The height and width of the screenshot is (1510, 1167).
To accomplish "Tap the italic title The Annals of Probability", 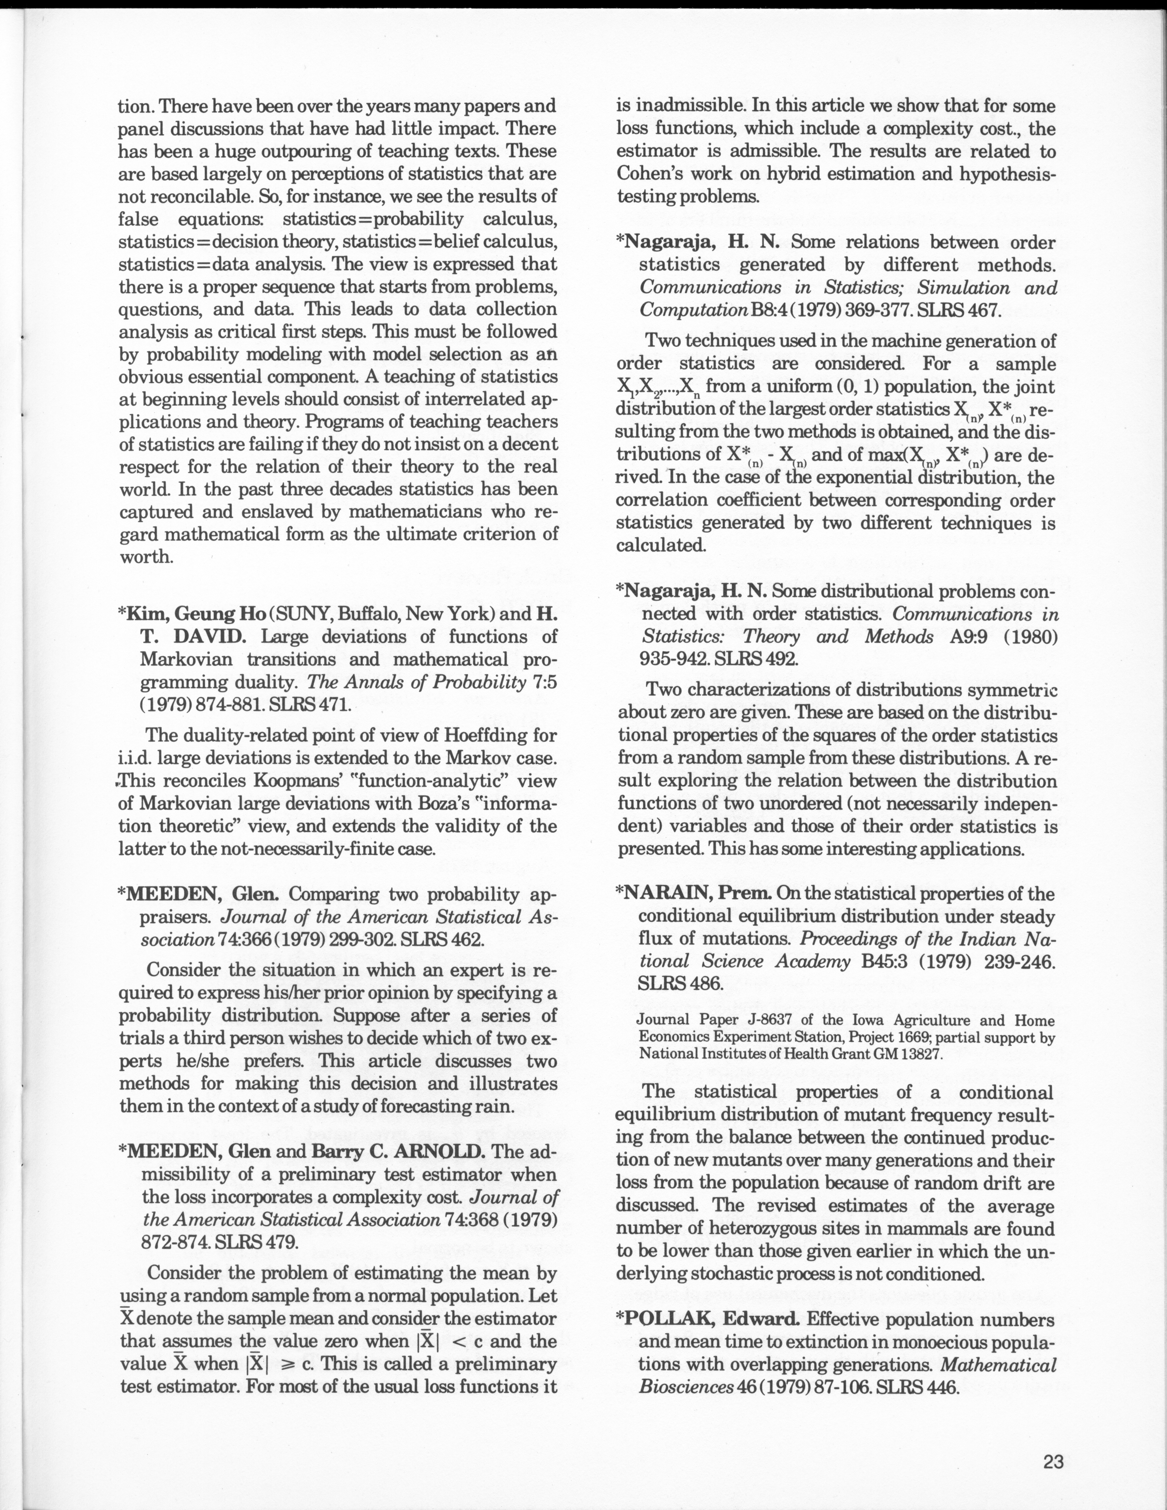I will pyautogui.click(x=416, y=682).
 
